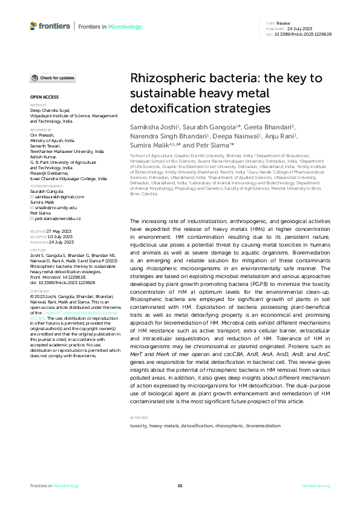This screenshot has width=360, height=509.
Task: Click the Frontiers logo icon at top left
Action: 33,26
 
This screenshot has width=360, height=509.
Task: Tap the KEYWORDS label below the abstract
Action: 140,418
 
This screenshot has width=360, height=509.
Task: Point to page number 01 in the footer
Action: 180,486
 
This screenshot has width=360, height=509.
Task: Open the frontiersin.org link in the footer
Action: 316,486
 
